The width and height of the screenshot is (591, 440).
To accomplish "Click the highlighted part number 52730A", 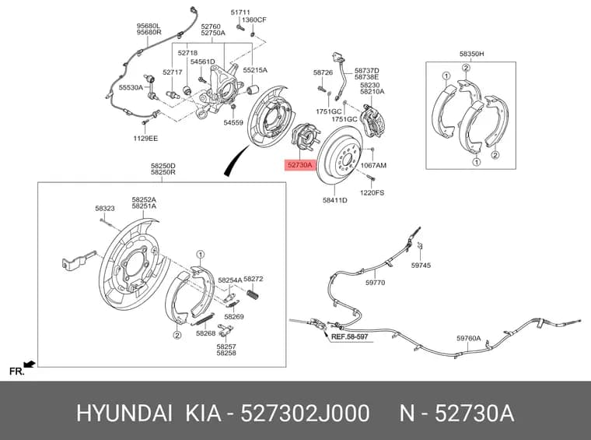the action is (300, 165).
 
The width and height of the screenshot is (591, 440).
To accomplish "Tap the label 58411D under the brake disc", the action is (334, 200).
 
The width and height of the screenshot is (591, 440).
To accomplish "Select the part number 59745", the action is (421, 266).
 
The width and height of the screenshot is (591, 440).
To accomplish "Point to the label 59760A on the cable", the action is (468, 338).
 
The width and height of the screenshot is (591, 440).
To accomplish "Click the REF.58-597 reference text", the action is (349, 336).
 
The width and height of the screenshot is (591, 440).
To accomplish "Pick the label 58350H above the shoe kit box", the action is (471, 54).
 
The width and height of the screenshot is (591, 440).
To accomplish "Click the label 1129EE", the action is (145, 139).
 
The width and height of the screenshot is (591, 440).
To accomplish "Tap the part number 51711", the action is (240, 12).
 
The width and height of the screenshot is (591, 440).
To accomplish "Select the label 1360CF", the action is (254, 19).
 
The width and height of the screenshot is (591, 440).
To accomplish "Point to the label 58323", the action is (105, 208).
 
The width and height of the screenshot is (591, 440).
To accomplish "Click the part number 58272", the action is (254, 279).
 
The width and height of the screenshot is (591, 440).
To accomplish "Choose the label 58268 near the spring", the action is (206, 333).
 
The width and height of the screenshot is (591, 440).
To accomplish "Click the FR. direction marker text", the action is (16, 371).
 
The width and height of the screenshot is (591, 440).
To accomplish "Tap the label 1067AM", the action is (373, 165).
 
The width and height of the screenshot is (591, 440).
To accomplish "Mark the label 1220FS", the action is (372, 192).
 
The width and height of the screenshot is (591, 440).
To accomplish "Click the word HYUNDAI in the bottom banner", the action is (124, 414).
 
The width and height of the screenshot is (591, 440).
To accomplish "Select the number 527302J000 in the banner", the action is (305, 414).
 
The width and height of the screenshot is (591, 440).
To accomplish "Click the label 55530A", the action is (131, 87).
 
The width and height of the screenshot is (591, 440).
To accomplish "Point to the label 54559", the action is (233, 122).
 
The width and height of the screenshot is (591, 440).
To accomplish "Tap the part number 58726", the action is (323, 72).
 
